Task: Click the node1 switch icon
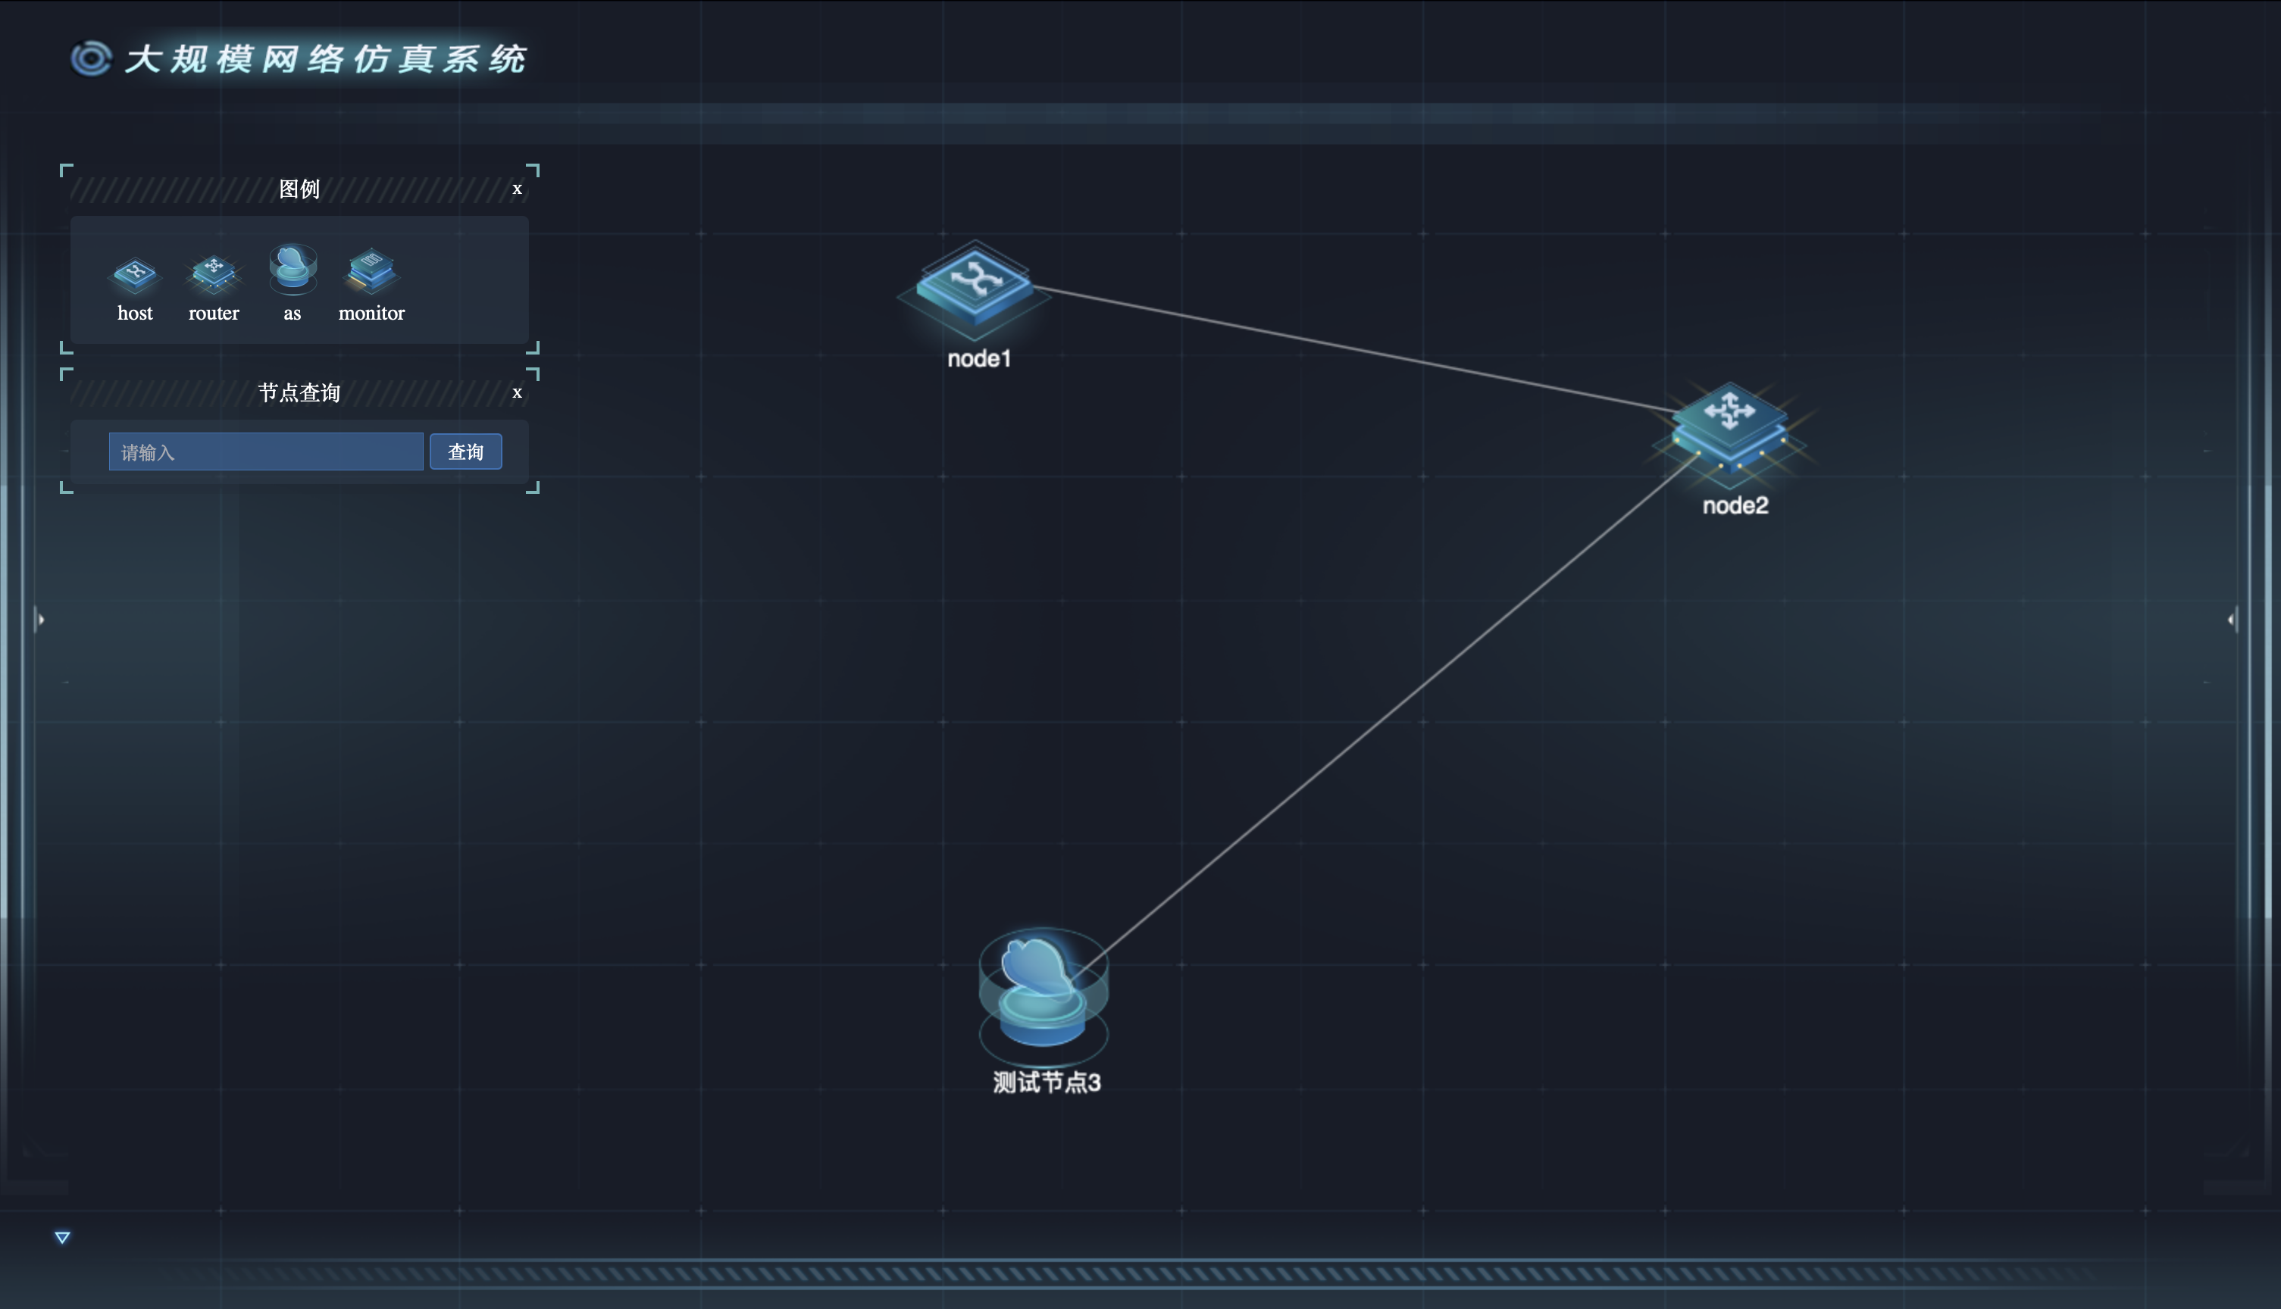pos(975,285)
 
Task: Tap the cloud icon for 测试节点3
pos(1043,989)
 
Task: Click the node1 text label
pos(979,359)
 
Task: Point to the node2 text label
pos(1735,505)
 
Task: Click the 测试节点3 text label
pos(1047,1083)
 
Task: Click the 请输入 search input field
pos(265,451)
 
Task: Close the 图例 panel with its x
pos(517,189)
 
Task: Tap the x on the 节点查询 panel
pos(517,392)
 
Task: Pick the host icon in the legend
pos(135,274)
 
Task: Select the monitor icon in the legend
pos(371,270)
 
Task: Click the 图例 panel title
pos(299,189)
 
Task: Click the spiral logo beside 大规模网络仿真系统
pos(91,58)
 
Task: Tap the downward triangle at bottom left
pos(62,1238)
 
